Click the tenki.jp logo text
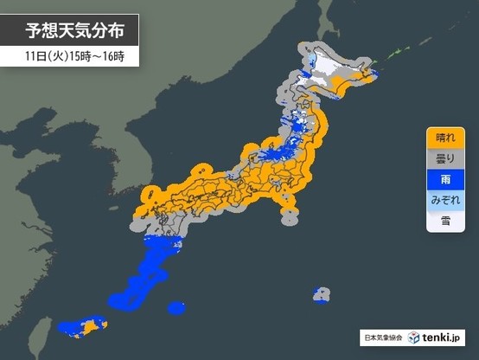pyautogui.click(x=443, y=336)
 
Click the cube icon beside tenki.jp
pyautogui.click(x=414, y=336)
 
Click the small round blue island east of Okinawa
pyautogui.click(x=176, y=307)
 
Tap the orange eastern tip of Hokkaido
pyautogui.click(x=370, y=80)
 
